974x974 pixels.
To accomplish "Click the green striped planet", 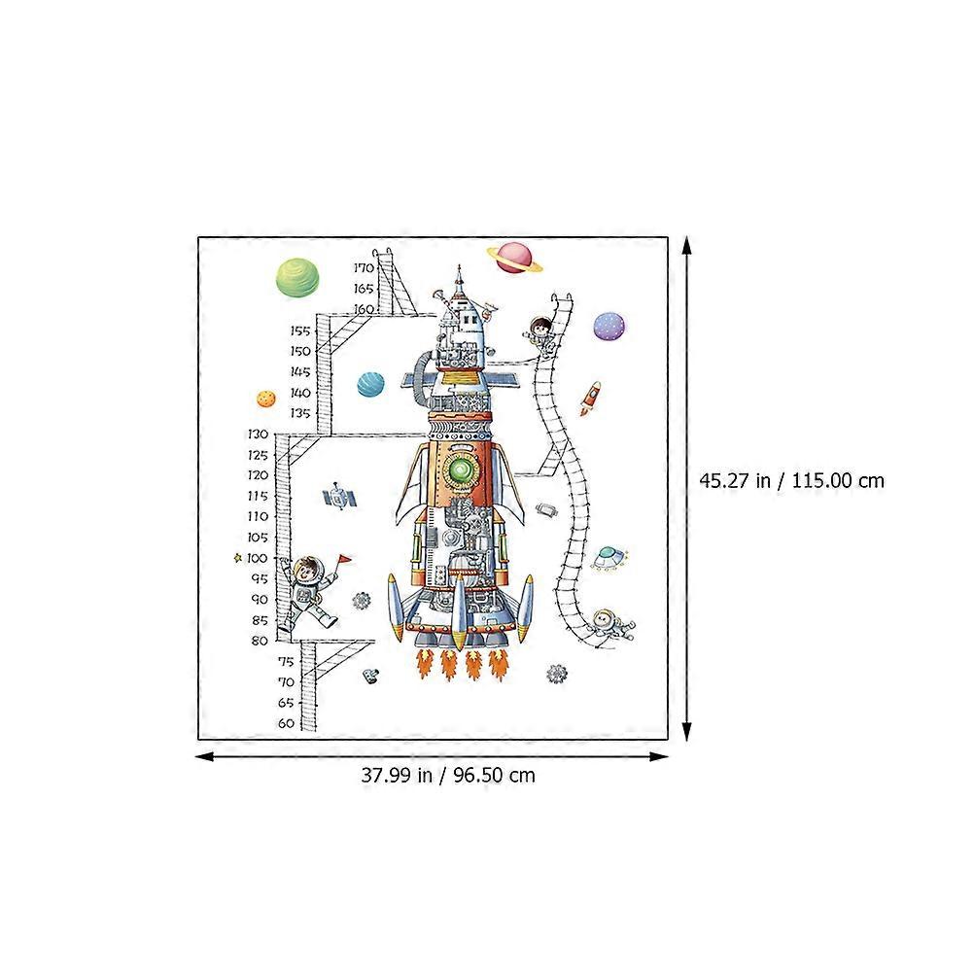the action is tap(296, 278).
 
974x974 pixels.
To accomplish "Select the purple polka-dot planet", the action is tap(609, 327).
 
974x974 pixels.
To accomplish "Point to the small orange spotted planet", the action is tap(266, 399).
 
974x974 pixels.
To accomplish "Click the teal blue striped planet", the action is tap(370, 385).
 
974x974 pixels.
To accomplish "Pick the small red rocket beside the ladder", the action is tap(591, 398).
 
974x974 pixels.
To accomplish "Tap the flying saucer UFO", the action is tap(609, 558).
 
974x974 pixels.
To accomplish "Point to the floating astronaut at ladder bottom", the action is tap(609, 626).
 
